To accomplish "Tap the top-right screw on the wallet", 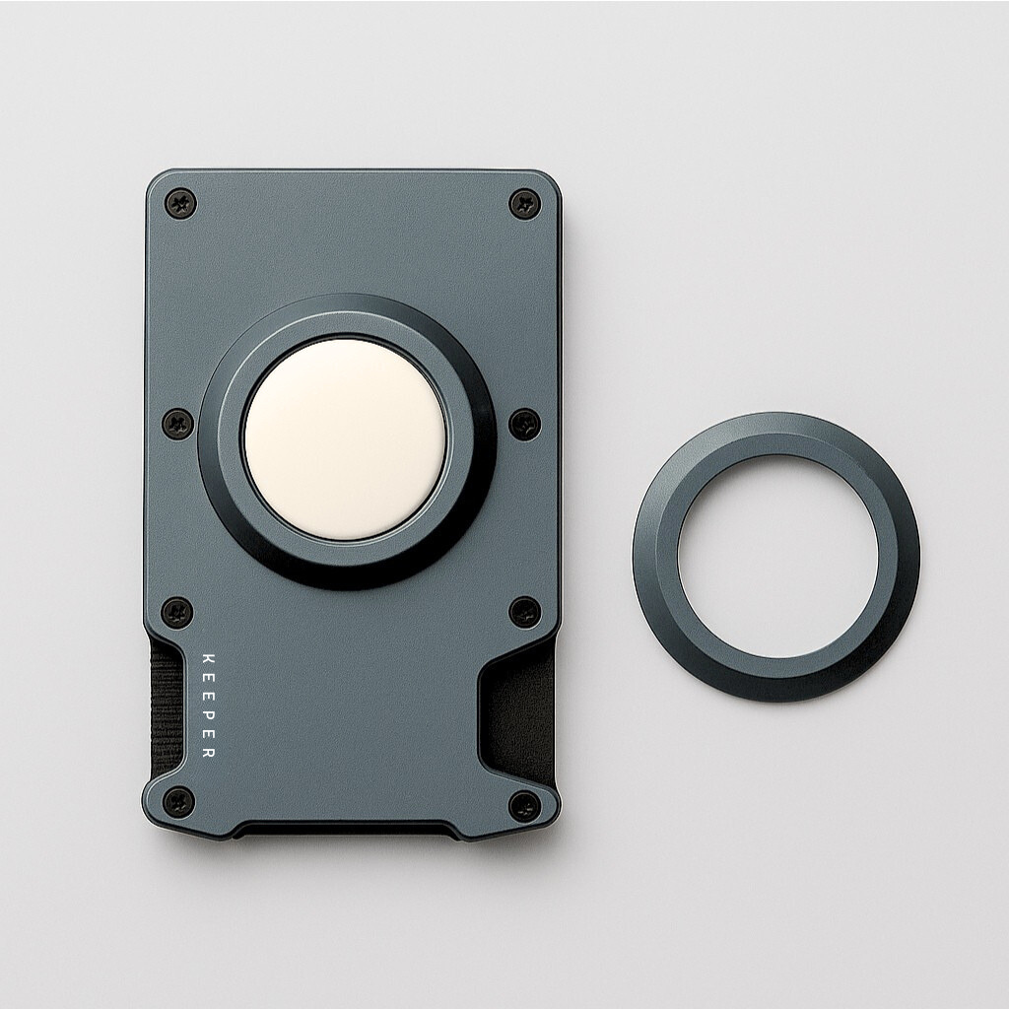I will tap(524, 204).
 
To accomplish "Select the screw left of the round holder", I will tap(177, 425).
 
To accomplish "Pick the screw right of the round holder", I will tap(525, 425).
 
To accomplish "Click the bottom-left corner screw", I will tap(177, 801).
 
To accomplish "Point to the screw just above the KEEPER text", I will tap(177, 612).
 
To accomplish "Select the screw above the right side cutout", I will tap(525, 612).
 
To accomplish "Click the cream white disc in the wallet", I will tap(345, 438).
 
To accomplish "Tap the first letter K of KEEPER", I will tap(208, 657).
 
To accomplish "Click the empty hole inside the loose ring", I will tap(776, 557).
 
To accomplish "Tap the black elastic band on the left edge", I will tap(165, 705).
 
